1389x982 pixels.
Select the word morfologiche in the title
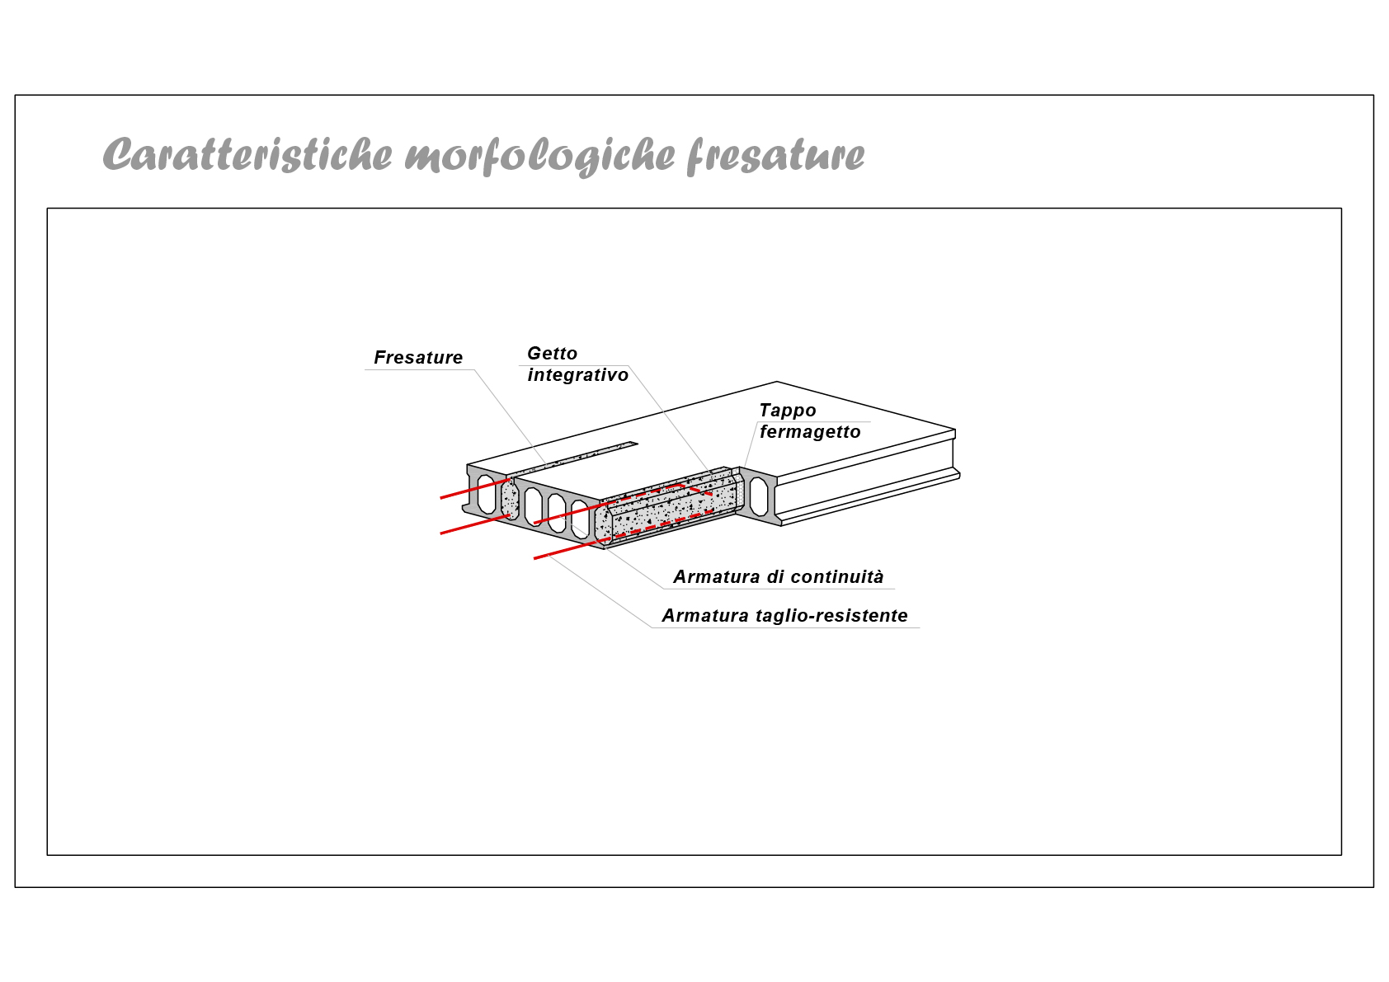[x=539, y=156]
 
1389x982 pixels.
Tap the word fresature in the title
[x=775, y=156]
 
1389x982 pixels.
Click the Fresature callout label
[x=418, y=357]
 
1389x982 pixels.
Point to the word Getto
[x=552, y=354]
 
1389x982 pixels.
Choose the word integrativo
[x=578, y=375]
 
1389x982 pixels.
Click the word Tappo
[x=788, y=411]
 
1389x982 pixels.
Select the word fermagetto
[x=810, y=432]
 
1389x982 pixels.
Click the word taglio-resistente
[x=831, y=616]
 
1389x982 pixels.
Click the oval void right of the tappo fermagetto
[x=758, y=496]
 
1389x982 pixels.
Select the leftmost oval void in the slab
[x=486, y=494]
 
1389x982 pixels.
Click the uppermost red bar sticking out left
[x=475, y=488]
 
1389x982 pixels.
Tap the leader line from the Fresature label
[x=511, y=417]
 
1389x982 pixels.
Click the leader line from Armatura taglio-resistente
[x=598, y=591]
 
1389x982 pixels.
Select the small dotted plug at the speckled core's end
[x=739, y=494]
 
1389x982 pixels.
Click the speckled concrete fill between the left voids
[x=510, y=499]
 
